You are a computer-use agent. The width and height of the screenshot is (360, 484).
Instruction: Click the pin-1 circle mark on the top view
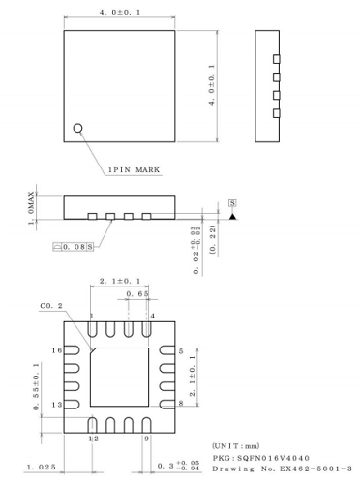pyautogui.click(x=79, y=126)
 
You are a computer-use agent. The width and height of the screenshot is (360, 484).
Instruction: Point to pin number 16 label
pyautogui.click(x=56, y=349)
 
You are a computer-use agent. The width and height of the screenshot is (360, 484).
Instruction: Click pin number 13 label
pyautogui.click(x=56, y=404)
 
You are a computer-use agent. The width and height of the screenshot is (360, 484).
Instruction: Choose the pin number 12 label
pyautogui.click(x=93, y=439)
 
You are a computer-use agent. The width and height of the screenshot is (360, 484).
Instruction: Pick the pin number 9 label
pyautogui.click(x=146, y=439)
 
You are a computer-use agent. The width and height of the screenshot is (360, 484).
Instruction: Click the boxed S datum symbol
pyautogui.click(x=232, y=203)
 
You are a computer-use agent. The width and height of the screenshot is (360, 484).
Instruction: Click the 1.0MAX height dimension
pyautogui.click(x=33, y=206)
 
